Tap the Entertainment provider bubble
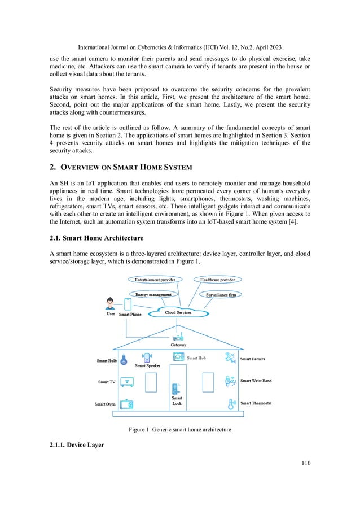pos(155,280)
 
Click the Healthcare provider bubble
pos(218,280)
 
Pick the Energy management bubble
pos(153,294)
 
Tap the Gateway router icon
pos(178,337)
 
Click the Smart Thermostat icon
pos(230,403)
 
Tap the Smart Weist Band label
pos(256,381)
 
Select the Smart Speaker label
pos(147,366)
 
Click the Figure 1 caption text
pos(179,430)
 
